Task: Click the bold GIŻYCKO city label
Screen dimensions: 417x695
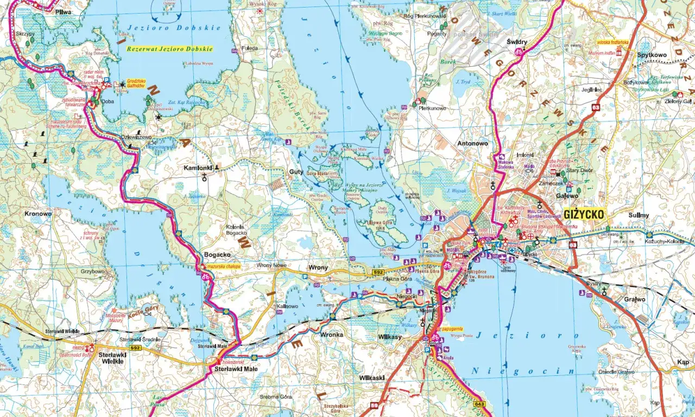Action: [x=584, y=214]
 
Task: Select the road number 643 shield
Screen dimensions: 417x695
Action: [x=479, y=404]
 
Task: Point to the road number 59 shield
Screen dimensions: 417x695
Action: [x=375, y=405]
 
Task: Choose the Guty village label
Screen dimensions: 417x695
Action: [x=296, y=171]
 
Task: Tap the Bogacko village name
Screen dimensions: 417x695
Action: [x=217, y=254]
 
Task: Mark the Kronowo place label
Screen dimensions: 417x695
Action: [x=38, y=214]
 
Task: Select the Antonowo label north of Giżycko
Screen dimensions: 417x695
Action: [x=473, y=144]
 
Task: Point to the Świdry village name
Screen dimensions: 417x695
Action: [x=517, y=41]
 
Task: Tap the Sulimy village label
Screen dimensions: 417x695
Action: [x=639, y=215]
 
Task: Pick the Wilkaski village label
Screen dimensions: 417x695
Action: [x=371, y=376]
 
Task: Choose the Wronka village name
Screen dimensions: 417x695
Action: [x=332, y=335]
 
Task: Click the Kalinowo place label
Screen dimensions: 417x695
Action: [x=288, y=306]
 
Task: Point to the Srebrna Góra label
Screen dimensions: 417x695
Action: [x=276, y=397]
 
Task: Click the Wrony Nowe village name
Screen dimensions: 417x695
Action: [x=271, y=266]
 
